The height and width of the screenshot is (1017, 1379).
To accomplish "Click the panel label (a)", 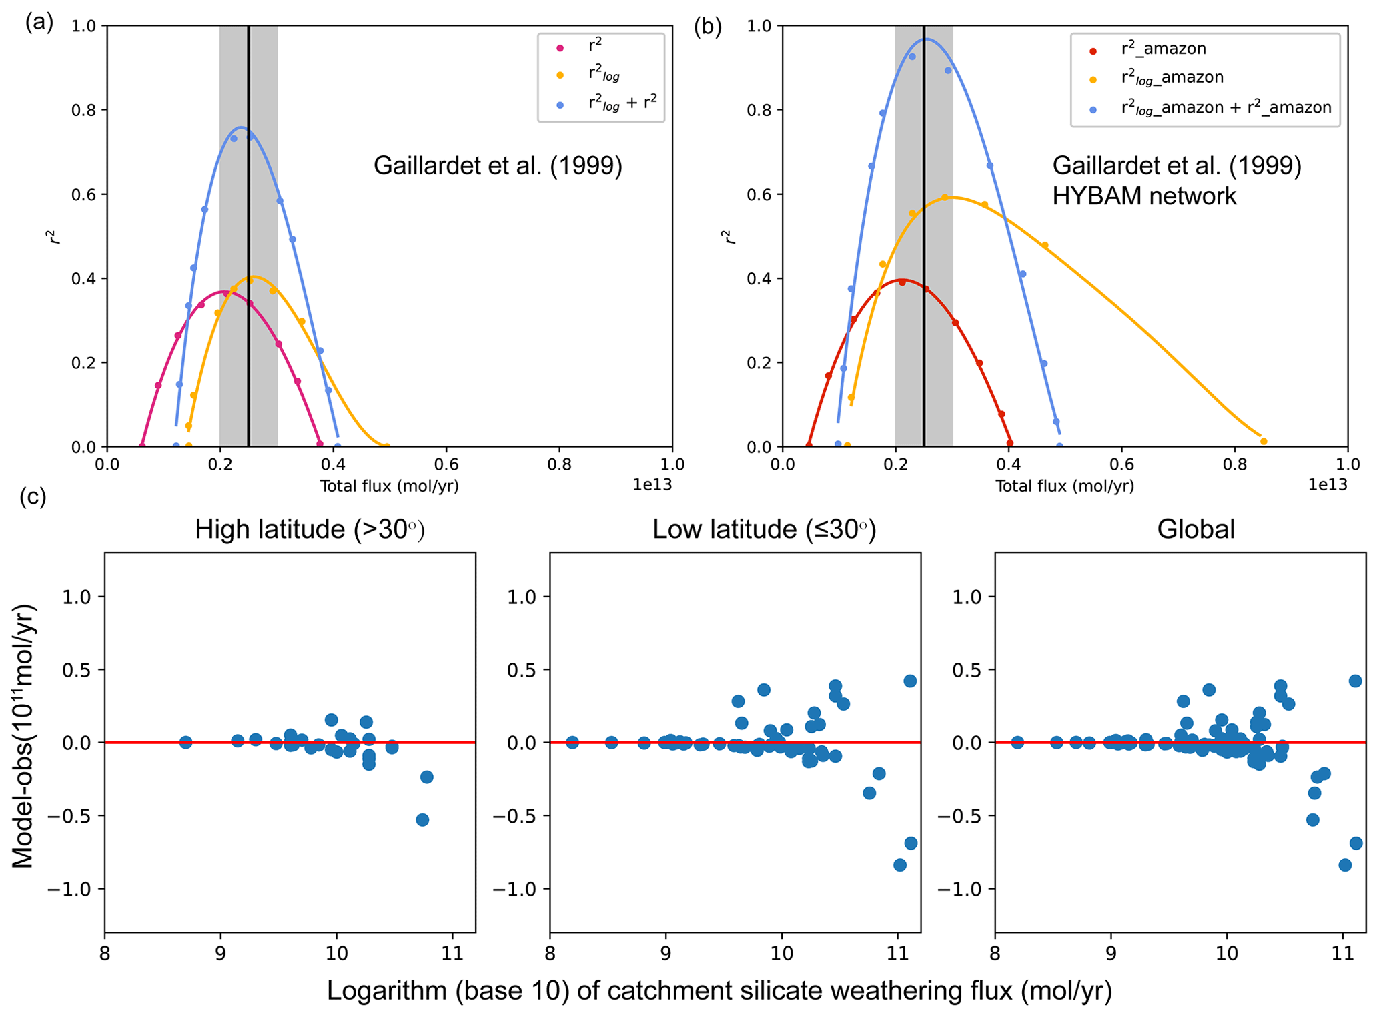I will (39, 23).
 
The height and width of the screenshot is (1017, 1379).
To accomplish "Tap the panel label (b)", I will (707, 27).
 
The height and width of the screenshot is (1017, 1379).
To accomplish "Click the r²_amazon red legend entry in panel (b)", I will (1164, 49).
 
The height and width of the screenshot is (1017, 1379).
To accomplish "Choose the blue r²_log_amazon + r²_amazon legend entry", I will (1226, 107).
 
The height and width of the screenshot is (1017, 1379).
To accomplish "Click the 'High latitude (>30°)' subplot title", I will (310, 529).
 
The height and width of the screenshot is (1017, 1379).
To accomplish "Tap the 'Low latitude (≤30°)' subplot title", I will (764, 529).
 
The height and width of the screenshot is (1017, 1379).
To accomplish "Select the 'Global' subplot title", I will (1196, 529).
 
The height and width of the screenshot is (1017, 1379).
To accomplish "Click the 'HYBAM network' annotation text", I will (1144, 196).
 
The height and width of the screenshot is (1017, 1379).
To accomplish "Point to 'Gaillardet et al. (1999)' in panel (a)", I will (498, 165).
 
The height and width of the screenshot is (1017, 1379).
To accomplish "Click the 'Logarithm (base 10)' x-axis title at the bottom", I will (719, 991).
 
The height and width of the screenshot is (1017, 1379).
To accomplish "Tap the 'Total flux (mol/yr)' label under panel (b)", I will (1065, 486).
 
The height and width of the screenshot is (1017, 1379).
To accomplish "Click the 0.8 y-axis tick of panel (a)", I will (85, 110).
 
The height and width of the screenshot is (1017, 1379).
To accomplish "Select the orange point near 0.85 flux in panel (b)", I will (1263, 441).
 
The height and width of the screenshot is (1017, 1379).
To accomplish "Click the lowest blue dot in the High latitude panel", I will (422, 820).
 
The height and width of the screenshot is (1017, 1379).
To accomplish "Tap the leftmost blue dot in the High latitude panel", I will (185, 742).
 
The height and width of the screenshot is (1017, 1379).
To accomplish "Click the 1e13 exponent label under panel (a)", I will (652, 486).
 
